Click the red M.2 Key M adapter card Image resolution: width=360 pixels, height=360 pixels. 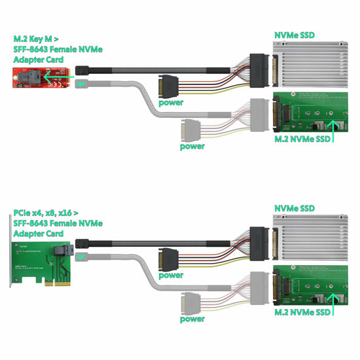click(x=37, y=79)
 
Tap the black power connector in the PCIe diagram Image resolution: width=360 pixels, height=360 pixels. click(x=166, y=259)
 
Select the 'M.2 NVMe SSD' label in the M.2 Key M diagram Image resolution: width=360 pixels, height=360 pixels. click(x=302, y=139)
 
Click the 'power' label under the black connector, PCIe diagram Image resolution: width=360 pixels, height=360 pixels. click(x=170, y=275)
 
